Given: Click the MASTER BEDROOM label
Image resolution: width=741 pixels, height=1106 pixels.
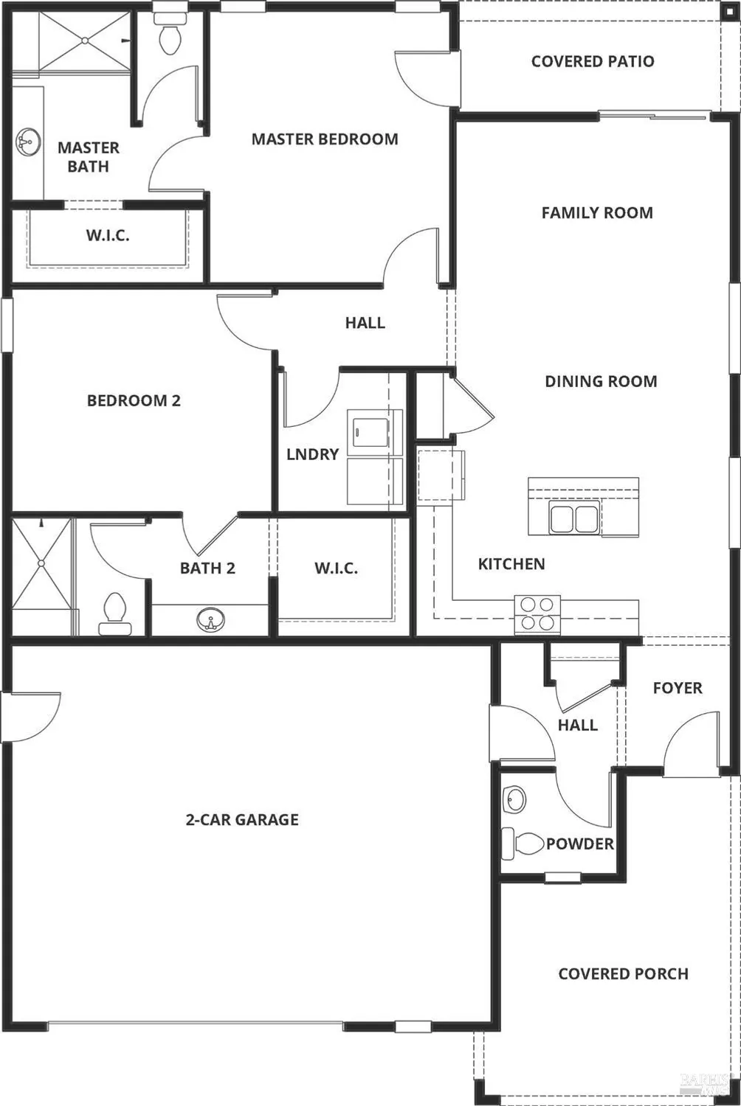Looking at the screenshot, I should [x=325, y=139].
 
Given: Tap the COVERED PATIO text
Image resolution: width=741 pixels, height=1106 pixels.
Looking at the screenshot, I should [x=593, y=61].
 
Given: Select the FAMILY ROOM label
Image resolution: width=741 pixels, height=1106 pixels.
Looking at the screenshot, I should [x=597, y=213].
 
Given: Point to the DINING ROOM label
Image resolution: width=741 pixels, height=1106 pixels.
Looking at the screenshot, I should [x=601, y=381].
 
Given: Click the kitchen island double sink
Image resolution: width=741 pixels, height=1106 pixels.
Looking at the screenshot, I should [x=573, y=518].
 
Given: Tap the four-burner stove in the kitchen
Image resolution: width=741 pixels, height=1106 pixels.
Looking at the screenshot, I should [x=537, y=613].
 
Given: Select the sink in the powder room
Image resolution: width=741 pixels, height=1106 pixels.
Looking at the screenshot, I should [x=514, y=799].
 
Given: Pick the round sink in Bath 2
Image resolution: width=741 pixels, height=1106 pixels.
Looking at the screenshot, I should [x=211, y=620].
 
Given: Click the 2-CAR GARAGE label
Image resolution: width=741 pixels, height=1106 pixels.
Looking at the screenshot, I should [x=242, y=819].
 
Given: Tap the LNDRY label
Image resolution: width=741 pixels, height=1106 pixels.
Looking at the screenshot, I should [x=312, y=454].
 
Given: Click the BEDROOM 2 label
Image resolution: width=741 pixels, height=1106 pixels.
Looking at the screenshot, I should [x=134, y=400].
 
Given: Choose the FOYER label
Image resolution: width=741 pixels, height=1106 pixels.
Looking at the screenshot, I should [x=678, y=688].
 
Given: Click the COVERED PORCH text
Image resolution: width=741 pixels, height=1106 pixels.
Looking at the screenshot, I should [x=624, y=973].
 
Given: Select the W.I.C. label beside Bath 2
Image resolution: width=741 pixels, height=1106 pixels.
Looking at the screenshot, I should [x=336, y=568].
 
